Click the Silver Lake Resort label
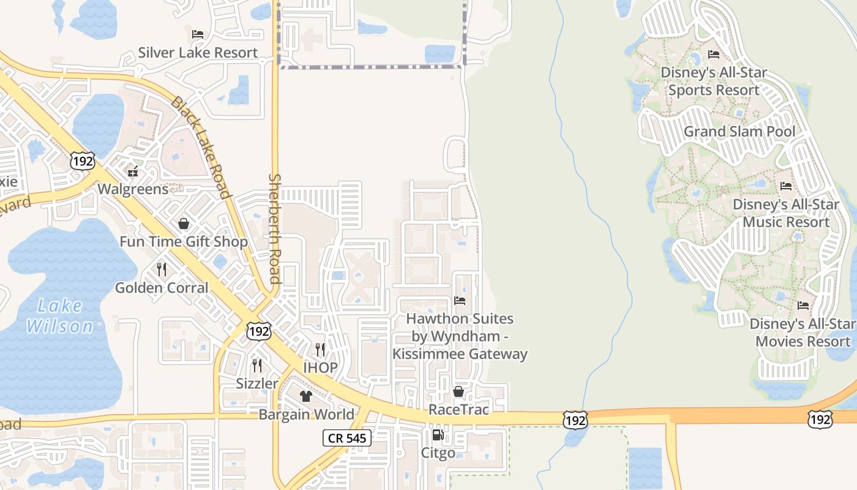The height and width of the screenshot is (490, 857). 198,53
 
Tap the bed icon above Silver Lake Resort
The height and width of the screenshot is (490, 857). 198,34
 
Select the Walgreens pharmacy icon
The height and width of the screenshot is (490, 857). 133,171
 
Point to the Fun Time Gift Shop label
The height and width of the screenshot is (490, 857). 184,241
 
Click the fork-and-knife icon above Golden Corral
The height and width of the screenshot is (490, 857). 162,269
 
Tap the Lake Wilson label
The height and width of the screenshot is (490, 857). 59,315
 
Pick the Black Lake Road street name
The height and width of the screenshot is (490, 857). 201,147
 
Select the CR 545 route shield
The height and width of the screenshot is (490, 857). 346,438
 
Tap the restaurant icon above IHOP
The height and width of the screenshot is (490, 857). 320,349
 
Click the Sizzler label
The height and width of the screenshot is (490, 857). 257,383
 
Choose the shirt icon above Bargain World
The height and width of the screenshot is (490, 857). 306,396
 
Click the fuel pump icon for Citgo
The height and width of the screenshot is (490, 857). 438,435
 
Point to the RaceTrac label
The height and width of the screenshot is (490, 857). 458,409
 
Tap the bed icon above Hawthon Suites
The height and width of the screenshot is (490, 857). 460,300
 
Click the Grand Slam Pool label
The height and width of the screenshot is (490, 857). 739,132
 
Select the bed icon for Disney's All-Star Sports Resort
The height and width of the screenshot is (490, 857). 714,54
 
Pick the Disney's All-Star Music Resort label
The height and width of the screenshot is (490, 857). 786,213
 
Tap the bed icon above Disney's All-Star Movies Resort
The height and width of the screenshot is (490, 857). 803,305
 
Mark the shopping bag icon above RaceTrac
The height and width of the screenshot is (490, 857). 458,391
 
